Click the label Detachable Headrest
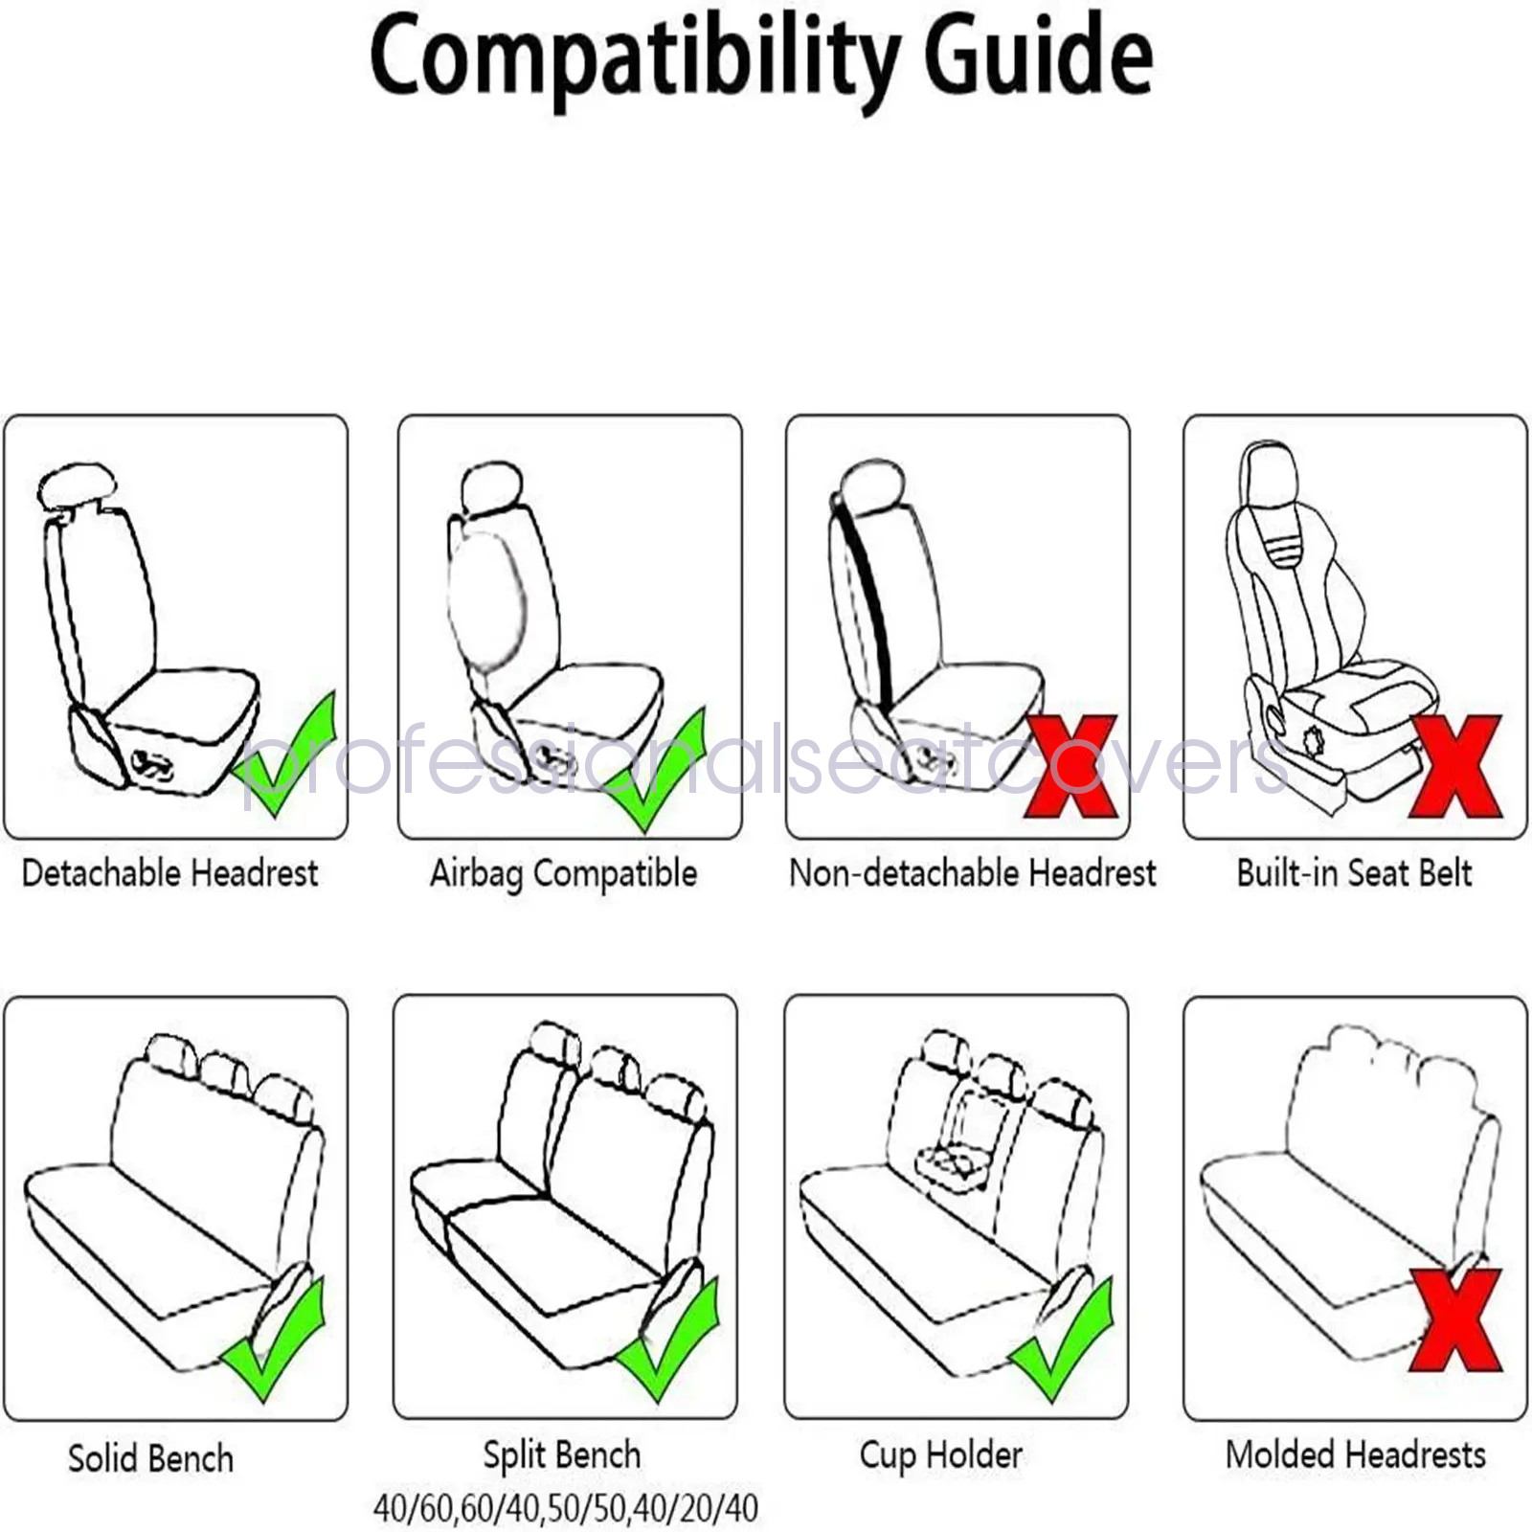pos(169,873)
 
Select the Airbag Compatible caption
pos(563,873)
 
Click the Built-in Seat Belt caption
pos(1354,873)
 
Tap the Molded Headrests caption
pos(1355,1455)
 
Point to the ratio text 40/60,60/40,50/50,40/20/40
pos(565,1508)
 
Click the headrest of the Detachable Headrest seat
pos(77,485)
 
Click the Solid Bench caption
pos(151,1458)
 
